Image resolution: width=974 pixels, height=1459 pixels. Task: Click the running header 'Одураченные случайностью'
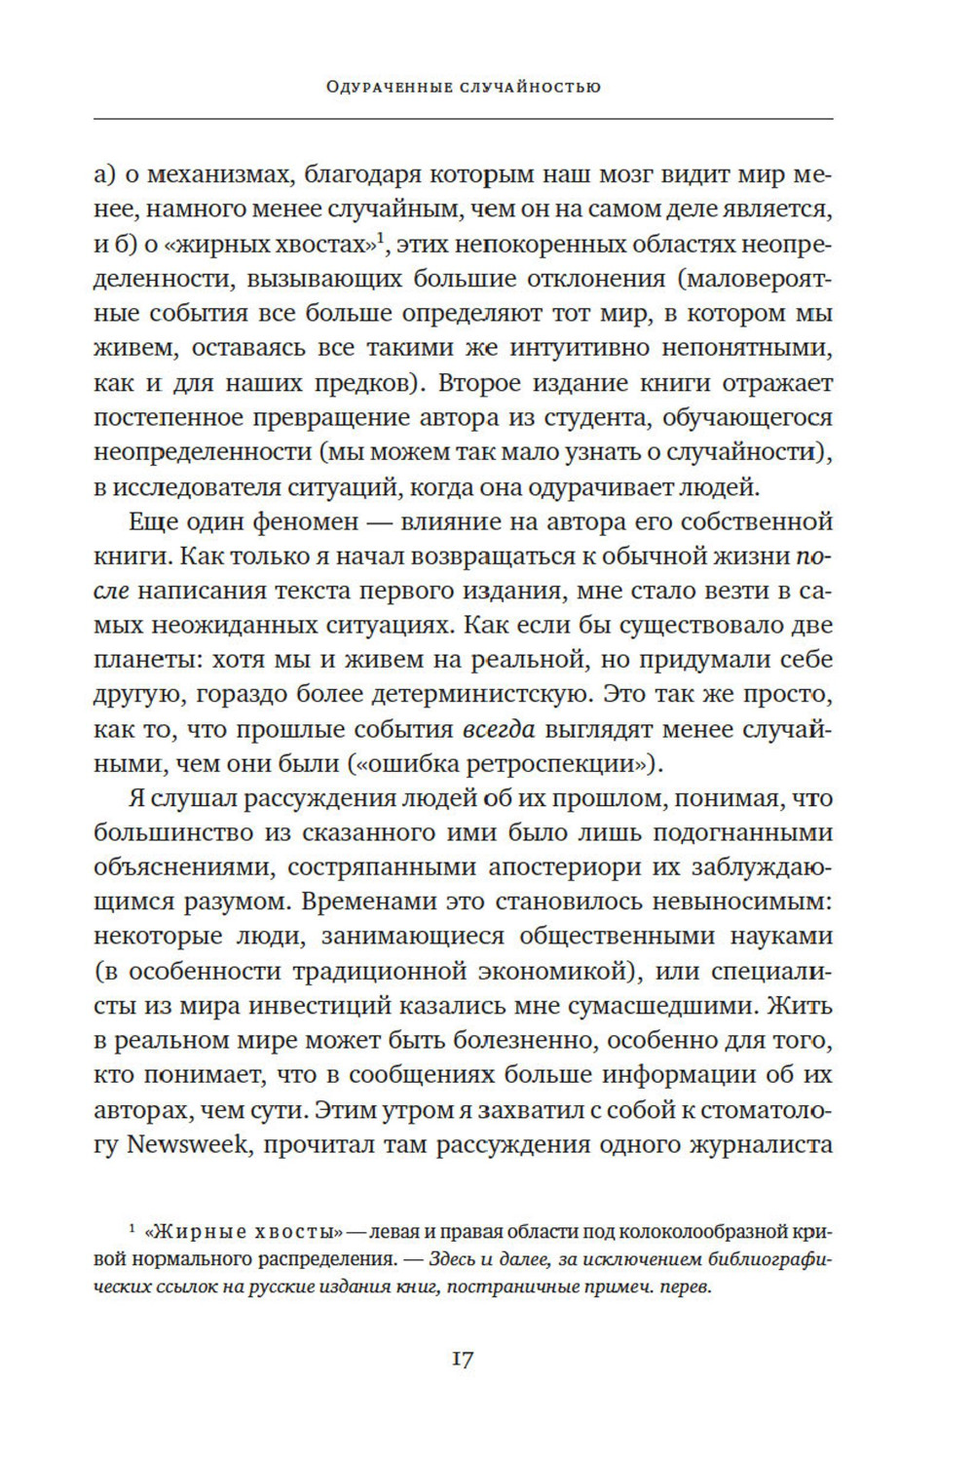pyautogui.click(x=464, y=88)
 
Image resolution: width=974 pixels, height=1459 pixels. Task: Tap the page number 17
pyautogui.click(x=464, y=1359)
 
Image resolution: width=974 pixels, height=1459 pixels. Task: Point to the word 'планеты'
pyautogui.click(x=136, y=659)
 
